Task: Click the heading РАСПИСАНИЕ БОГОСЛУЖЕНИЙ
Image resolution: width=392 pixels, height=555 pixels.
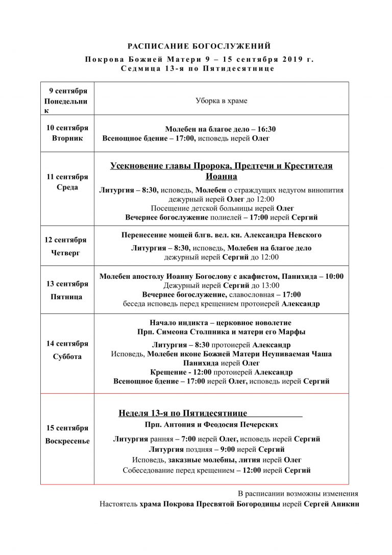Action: (199, 46)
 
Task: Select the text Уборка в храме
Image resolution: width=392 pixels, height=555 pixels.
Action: (221, 101)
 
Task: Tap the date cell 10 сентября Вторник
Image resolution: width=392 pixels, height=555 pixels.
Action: (67, 133)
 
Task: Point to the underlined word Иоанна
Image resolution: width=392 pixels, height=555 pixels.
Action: (221, 177)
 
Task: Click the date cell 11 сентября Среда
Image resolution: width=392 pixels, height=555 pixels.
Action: (67, 182)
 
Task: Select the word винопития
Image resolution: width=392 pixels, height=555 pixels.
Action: (324, 190)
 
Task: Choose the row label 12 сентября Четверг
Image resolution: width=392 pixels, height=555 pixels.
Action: (67, 246)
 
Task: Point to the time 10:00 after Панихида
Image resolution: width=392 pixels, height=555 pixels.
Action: (334, 276)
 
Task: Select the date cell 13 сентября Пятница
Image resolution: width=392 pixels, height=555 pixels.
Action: (67, 290)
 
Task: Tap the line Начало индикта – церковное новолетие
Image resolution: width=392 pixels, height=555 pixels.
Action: (220, 323)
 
